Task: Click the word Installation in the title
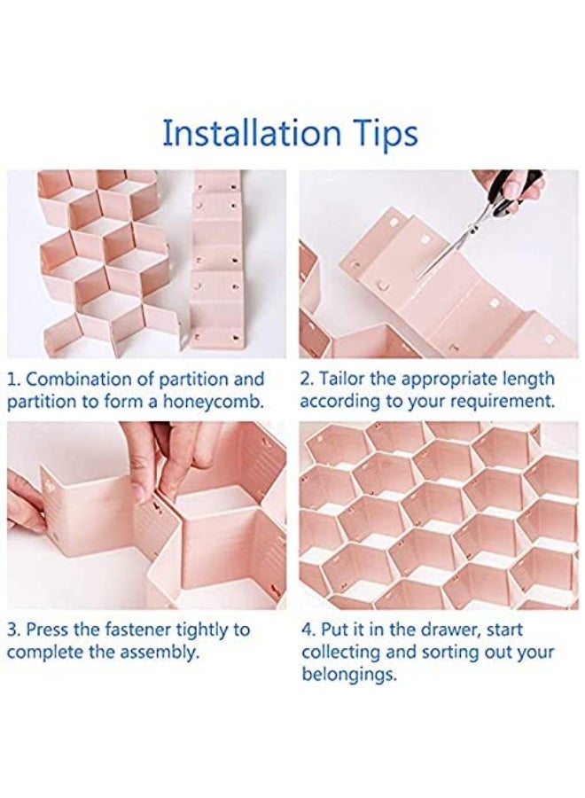[x=252, y=133]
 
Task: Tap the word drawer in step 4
[x=448, y=630]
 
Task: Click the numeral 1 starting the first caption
[x=12, y=379]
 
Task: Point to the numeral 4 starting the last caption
[x=307, y=630]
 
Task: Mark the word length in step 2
[x=527, y=380]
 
